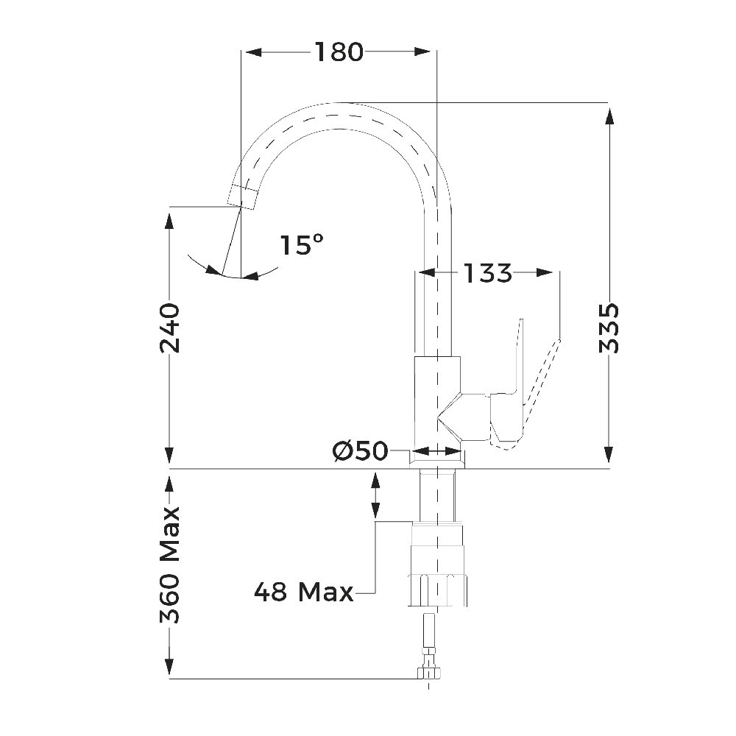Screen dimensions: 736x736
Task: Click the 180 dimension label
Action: pyautogui.click(x=339, y=52)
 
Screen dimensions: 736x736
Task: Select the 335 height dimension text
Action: pyautogui.click(x=609, y=328)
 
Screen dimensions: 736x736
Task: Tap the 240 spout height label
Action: pyautogui.click(x=169, y=328)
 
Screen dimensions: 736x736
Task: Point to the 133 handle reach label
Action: pyautogui.click(x=487, y=273)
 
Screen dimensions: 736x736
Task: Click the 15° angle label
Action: pyautogui.click(x=302, y=244)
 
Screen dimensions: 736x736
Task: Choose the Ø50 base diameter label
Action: pyautogui.click(x=361, y=451)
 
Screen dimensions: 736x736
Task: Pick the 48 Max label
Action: pyautogui.click(x=304, y=592)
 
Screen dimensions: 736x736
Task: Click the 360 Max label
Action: pyautogui.click(x=170, y=565)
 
